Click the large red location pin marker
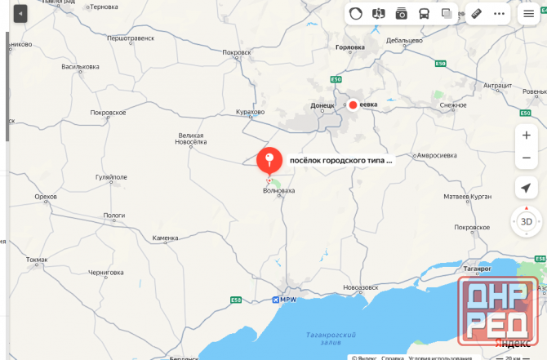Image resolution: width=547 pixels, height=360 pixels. point(269,159)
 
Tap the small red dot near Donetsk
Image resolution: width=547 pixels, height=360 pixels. point(353,104)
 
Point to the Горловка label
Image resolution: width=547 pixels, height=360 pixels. point(350,47)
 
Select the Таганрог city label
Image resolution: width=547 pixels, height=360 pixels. point(475,268)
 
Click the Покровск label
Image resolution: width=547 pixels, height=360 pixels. point(236,52)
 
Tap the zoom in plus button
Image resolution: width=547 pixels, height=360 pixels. point(527,135)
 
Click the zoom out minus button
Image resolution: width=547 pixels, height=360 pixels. point(527,157)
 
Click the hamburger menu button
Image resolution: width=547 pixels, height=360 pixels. point(528,14)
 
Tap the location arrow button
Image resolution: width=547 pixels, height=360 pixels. point(527,189)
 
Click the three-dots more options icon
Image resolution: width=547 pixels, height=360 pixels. point(499,14)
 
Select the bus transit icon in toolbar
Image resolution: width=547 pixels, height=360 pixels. point(425,14)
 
